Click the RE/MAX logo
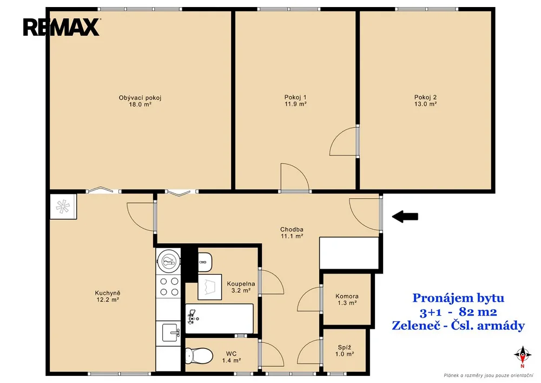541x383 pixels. point(62,27)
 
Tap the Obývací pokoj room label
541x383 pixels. point(140,98)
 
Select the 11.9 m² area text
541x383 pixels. point(296,104)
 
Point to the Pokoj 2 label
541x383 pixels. point(425,98)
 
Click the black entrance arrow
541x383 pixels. point(405,217)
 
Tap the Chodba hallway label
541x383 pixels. point(292,229)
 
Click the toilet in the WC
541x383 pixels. point(199,355)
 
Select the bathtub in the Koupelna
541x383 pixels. point(220,319)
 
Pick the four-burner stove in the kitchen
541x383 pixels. point(168,287)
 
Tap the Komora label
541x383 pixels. point(347,296)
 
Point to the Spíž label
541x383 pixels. point(344,347)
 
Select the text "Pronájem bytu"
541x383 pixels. point(458,298)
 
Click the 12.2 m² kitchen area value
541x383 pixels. point(108,300)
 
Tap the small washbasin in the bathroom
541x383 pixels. point(205,262)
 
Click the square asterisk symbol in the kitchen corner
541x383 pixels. point(63,206)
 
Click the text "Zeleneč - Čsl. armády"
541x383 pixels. point(458,326)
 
